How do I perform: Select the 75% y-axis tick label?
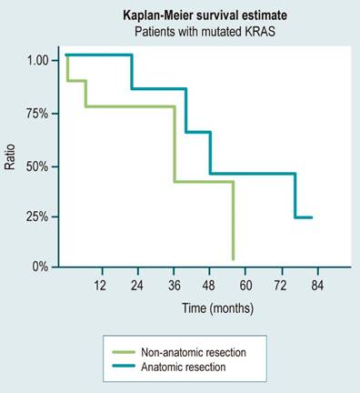tap(39, 114)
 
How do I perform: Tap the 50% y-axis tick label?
tap(39, 166)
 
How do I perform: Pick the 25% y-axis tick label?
tap(39, 217)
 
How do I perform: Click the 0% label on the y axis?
tap(42, 267)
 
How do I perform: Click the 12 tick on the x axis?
tap(101, 285)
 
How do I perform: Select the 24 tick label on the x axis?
tap(136, 285)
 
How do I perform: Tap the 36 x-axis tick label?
tap(173, 285)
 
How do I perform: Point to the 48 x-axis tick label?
tap(209, 285)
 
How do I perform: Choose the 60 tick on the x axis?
tap(245, 285)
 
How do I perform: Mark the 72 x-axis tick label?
tap(281, 285)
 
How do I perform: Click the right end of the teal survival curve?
tap(312, 217)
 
